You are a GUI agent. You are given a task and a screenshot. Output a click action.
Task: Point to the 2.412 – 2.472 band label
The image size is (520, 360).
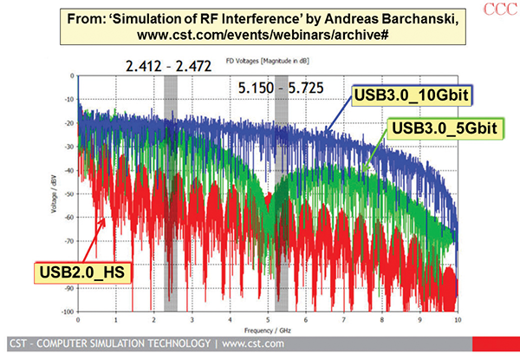(168, 64)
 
